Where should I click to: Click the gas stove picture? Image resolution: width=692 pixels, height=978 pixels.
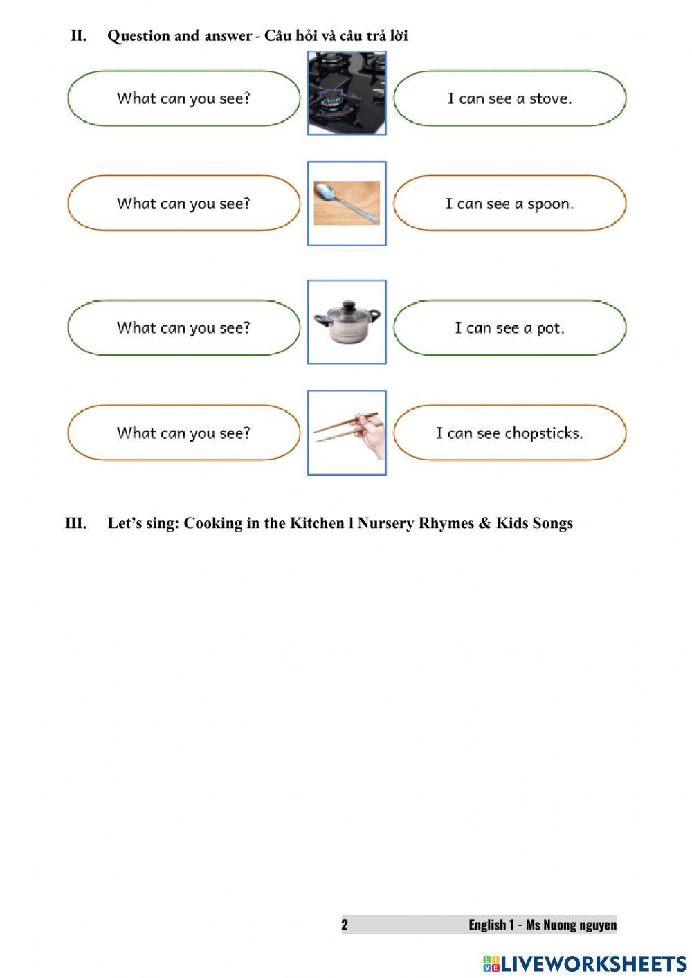tap(347, 93)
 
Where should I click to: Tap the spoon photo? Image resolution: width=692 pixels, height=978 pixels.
tap(347, 203)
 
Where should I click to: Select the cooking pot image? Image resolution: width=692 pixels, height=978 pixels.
tap(347, 323)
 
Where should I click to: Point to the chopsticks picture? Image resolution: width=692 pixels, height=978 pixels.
tap(347, 433)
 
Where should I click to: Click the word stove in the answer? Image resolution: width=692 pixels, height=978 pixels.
tap(550, 98)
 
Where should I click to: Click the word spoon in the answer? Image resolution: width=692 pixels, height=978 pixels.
tap(550, 204)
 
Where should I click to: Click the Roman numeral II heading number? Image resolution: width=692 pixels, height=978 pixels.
tap(78, 36)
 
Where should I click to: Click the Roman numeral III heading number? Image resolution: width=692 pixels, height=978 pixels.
tap(75, 523)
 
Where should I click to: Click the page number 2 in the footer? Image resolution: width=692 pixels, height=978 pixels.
tap(345, 925)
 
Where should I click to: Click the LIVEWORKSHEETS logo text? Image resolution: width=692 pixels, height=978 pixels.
tap(593, 963)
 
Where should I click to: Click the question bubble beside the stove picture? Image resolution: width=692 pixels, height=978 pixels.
tap(183, 98)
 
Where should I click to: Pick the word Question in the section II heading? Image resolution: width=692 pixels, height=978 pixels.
tap(138, 36)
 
